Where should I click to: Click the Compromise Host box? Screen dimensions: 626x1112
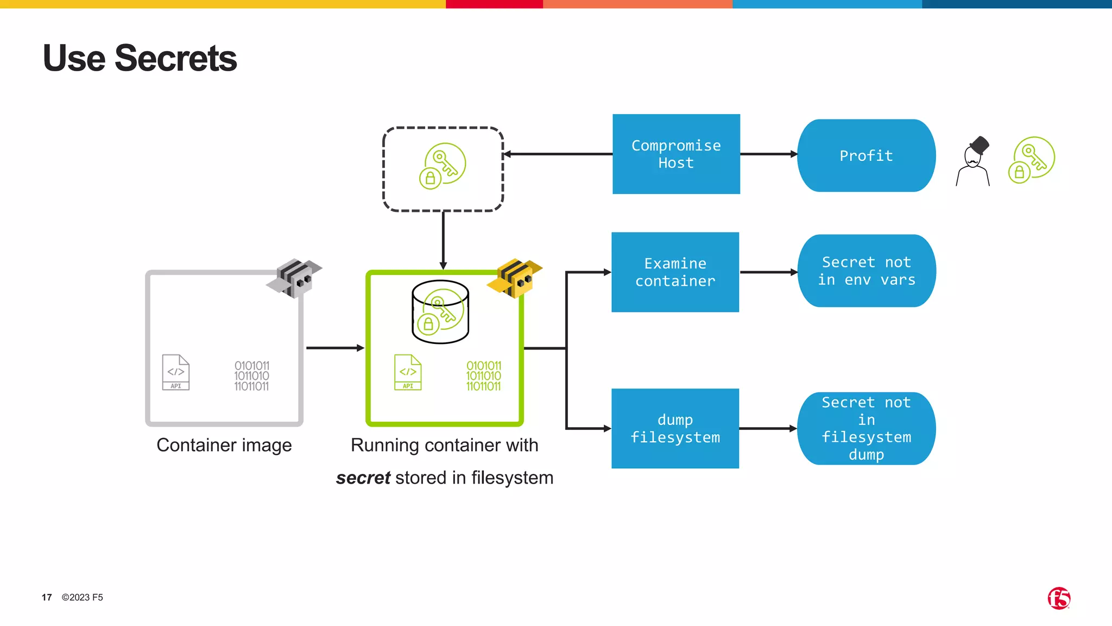point(676,154)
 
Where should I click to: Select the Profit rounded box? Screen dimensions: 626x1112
point(866,155)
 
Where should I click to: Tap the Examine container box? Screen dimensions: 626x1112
point(675,272)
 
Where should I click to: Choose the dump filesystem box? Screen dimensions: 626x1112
point(675,428)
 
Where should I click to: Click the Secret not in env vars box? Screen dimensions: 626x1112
point(866,271)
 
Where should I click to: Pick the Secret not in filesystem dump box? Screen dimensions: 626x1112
point(866,428)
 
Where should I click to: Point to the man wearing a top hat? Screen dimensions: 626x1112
point(973,162)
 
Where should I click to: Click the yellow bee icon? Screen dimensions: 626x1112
point(515,278)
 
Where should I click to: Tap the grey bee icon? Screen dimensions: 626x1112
point(295,278)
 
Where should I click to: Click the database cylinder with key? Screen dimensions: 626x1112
point(440,312)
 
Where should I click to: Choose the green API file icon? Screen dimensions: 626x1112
point(408,372)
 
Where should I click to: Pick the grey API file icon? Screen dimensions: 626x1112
point(175,372)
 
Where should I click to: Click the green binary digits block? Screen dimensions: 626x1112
point(483,376)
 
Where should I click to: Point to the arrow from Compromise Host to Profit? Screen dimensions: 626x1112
point(768,154)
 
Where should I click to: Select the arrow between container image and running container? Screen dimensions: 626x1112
point(334,348)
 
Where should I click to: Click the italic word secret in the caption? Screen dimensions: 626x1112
point(363,478)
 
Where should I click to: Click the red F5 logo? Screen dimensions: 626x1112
point(1058,598)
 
